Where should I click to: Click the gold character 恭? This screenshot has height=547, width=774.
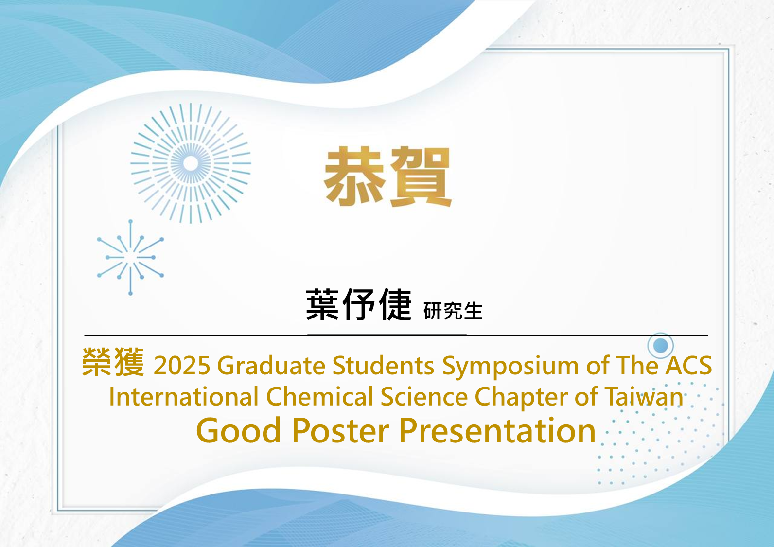coord(354,176)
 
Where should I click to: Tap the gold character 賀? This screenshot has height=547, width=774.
coord(421,177)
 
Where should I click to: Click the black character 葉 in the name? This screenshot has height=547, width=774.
coord(322,304)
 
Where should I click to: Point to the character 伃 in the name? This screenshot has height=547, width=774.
coord(359,304)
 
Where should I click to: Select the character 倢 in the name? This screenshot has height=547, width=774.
coord(395,304)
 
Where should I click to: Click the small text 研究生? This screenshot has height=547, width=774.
coord(453,311)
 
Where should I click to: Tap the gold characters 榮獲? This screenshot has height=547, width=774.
coord(113,362)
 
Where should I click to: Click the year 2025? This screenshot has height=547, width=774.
coord(182,365)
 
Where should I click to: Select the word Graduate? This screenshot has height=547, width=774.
coord(271,365)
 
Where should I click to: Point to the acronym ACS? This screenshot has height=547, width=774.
coord(688,365)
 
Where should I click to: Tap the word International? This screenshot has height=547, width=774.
coord(184,396)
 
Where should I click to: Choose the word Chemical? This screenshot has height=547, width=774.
coord(319,396)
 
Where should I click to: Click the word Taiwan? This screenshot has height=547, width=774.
coord(644,396)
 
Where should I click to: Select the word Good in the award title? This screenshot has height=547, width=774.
coord(238,430)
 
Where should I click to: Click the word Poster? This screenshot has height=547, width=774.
coord(341,430)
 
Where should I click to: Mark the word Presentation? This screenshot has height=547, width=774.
coord(497,430)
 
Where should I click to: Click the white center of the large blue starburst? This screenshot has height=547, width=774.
coord(191,163)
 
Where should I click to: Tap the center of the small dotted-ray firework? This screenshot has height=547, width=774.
coord(130,257)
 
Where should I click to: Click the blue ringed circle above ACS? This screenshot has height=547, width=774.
coord(660,346)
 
